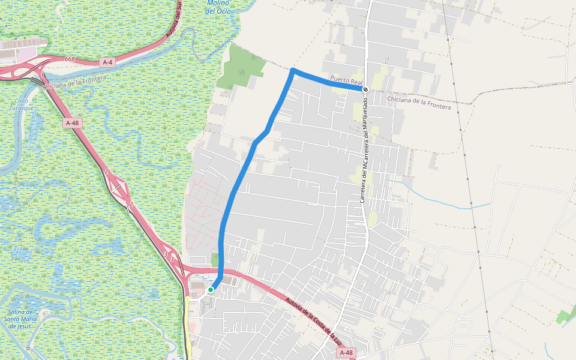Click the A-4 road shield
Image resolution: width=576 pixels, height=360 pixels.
[107, 62]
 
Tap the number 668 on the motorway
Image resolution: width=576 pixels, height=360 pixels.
[70, 59]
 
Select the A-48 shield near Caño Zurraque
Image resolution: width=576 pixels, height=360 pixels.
[71, 123]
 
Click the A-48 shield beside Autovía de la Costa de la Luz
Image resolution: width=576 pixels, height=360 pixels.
[346, 353]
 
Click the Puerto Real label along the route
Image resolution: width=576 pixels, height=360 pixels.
[344, 79]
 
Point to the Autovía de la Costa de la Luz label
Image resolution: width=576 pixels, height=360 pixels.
[313, 321]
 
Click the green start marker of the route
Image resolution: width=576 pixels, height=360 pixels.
[211, 290]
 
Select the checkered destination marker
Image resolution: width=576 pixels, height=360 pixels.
[365, 89]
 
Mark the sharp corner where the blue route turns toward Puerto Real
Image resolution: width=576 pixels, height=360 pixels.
[293, 71]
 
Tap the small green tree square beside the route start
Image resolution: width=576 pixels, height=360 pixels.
[215, 259]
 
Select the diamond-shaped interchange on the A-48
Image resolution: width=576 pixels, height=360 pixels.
[121, 189]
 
